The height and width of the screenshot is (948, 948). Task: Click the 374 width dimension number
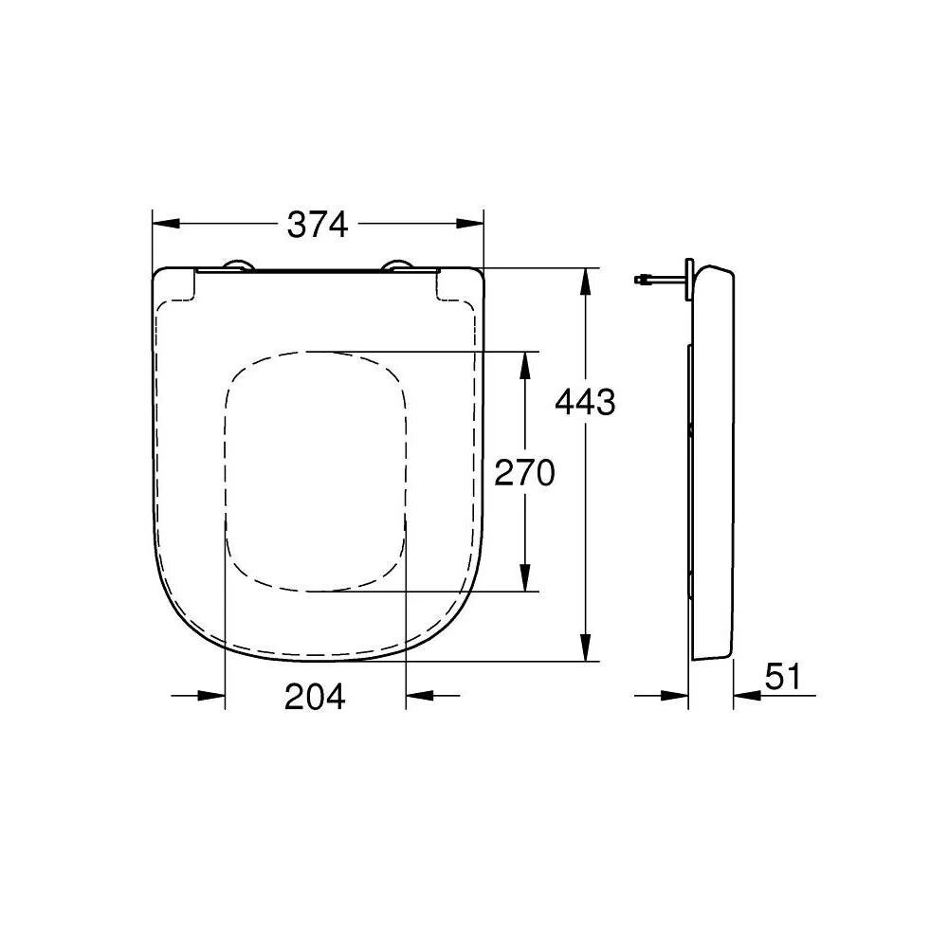319,225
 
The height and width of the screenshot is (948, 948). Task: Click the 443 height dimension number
585,403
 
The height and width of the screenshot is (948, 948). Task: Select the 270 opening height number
524,471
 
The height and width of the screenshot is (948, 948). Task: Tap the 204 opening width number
315,697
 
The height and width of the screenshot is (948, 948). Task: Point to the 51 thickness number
783,677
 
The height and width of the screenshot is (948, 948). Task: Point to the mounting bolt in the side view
660,280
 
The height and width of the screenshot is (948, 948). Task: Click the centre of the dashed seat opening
316,471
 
